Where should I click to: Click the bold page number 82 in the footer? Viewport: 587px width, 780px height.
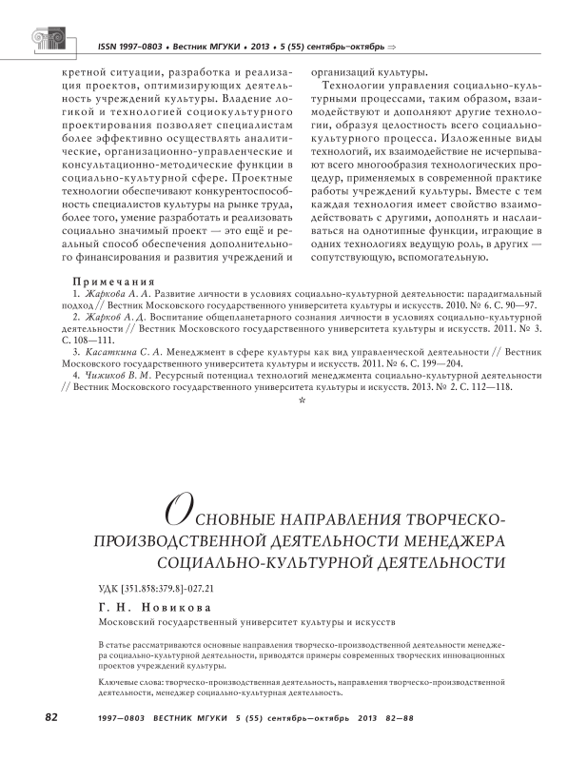[x=52, y=716]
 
